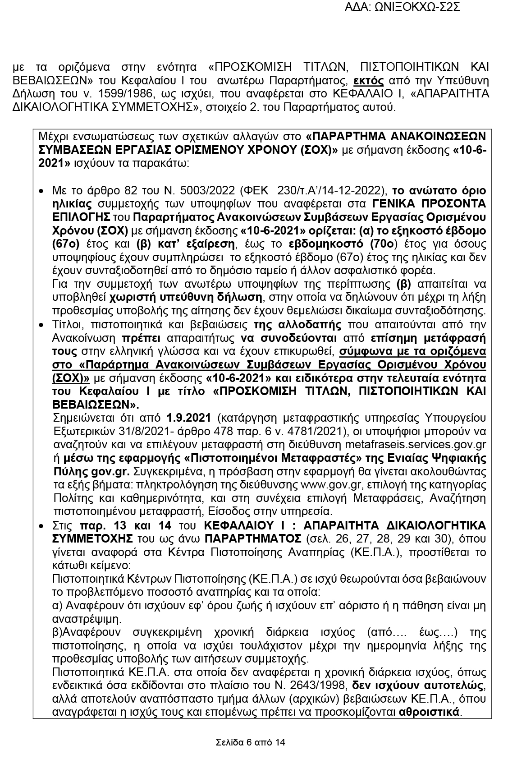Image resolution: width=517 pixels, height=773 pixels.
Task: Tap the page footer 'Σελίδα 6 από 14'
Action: pos(250,742)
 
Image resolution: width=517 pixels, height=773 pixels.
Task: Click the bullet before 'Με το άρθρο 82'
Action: pos(41,191)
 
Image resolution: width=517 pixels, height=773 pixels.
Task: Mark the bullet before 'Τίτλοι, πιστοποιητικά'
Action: pos(41,325)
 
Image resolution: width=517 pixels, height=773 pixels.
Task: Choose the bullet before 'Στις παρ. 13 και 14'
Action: pos(41,526)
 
